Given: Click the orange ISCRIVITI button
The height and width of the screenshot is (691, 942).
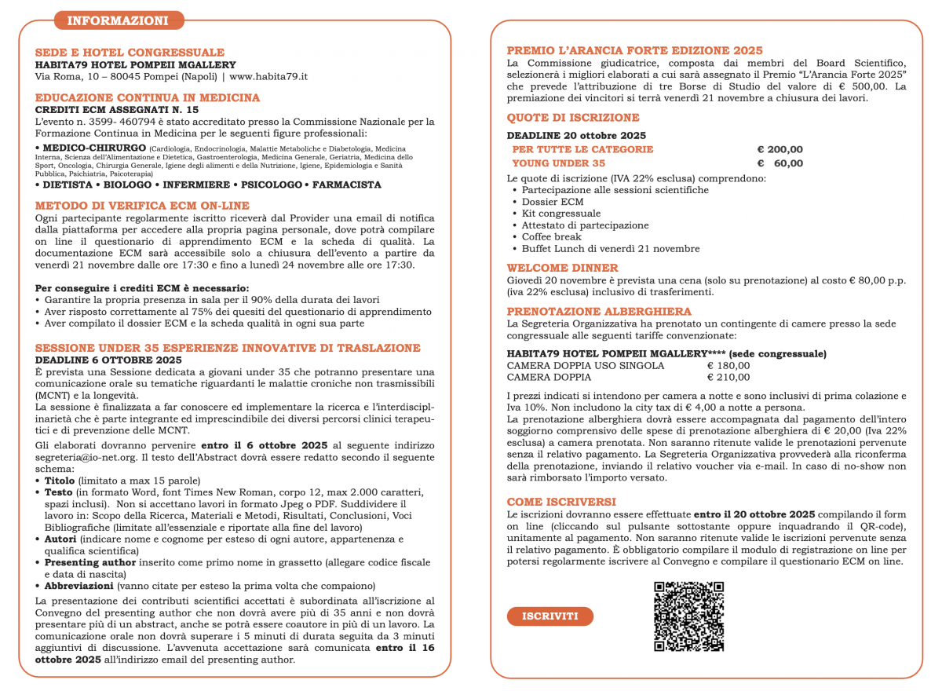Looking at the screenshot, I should click(549, 616).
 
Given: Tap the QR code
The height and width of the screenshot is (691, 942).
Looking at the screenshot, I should click(688, 616).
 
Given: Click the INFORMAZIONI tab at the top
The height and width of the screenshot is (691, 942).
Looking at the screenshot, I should click(118, 20).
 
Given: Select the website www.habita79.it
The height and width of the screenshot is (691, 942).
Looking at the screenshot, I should click(268, 77).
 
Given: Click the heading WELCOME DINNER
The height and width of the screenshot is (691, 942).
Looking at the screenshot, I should click(562, 268).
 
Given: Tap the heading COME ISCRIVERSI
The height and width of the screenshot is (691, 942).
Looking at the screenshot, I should click(561, 501).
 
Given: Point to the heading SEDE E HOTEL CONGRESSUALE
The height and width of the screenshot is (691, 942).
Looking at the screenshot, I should click(130, 53).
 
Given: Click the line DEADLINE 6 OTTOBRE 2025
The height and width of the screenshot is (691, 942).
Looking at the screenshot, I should click(108, 360).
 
